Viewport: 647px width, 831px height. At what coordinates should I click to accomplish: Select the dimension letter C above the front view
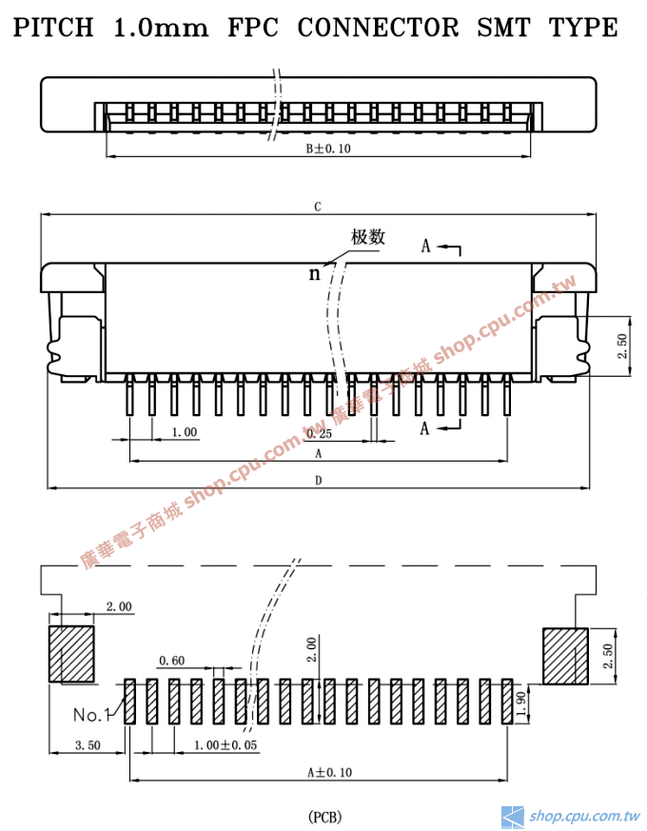pos(318,207)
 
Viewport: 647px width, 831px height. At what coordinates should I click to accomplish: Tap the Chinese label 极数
pos(368,237)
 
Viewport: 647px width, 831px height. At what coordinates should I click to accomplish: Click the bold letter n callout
pos(314,274)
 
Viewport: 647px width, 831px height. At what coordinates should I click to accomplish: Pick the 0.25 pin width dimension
pos(320,433)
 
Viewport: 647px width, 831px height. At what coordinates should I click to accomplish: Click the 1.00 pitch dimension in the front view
pos(184,432)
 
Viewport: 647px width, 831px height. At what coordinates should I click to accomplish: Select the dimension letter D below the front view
pos(318,481)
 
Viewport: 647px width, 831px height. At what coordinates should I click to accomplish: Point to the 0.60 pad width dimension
pos(171,660)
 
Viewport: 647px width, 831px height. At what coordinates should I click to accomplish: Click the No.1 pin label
pos(92,714)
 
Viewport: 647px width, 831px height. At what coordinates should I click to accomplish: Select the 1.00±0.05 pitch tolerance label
pos(225,745)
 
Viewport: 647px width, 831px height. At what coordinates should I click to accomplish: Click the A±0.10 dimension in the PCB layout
pos(329,772)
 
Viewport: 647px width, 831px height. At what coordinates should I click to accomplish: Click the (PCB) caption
pos(324,817)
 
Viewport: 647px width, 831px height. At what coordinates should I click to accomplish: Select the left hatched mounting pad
pos(72,654)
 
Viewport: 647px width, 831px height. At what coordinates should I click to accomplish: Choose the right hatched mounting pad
pos(565,655)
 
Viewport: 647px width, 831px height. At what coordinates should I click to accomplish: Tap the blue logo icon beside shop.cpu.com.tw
pos(513,816)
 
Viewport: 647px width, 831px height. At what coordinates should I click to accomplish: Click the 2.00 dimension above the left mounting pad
pos(118,606)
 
